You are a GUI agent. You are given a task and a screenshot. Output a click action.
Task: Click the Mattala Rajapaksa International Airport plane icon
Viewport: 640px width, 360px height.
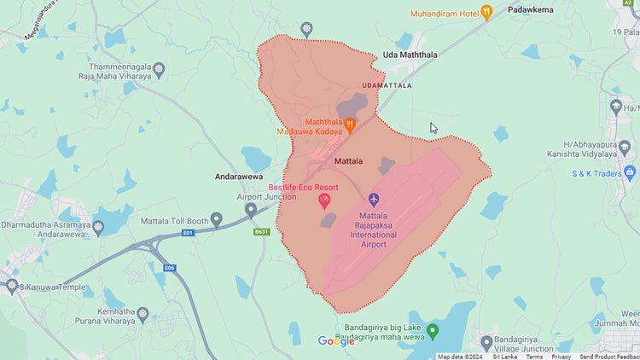pos(374,199)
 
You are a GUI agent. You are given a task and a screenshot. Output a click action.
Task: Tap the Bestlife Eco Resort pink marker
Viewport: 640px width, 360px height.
pos(324,200)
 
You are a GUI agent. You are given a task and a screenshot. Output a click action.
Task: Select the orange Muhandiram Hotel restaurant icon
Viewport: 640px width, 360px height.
pos(486,12)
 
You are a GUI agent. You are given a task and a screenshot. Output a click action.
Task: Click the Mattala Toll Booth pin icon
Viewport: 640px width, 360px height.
pos(217,219)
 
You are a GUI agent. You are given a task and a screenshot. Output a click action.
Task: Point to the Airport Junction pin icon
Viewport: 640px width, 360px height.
pos(251,209)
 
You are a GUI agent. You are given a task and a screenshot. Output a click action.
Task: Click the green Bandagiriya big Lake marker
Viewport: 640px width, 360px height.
pos(433,330)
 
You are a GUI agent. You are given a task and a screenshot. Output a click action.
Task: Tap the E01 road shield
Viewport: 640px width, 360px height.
pos(189,233)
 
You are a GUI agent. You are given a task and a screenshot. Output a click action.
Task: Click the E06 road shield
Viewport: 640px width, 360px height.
pos(170,267)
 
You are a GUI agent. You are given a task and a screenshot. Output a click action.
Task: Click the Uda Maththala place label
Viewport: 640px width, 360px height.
pos(410,55)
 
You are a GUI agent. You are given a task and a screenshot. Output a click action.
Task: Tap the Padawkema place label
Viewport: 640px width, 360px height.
pos(531,9)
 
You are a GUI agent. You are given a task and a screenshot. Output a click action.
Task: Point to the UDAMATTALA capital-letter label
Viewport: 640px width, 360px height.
pos(387,86)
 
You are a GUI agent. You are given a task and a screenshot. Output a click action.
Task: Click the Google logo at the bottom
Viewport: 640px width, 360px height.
pos(336,341)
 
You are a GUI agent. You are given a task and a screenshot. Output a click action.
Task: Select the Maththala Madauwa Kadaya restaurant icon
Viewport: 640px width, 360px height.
pos(350,125)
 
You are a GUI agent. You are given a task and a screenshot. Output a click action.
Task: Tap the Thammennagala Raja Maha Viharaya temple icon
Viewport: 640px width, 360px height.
pos(159,69)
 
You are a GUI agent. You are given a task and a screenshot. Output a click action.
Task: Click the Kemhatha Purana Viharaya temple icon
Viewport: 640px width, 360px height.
pos(143,314)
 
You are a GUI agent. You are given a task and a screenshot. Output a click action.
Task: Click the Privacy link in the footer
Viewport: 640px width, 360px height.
pos(561,357)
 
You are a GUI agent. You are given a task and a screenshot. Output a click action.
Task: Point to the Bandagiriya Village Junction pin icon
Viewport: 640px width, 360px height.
pos(486,342)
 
